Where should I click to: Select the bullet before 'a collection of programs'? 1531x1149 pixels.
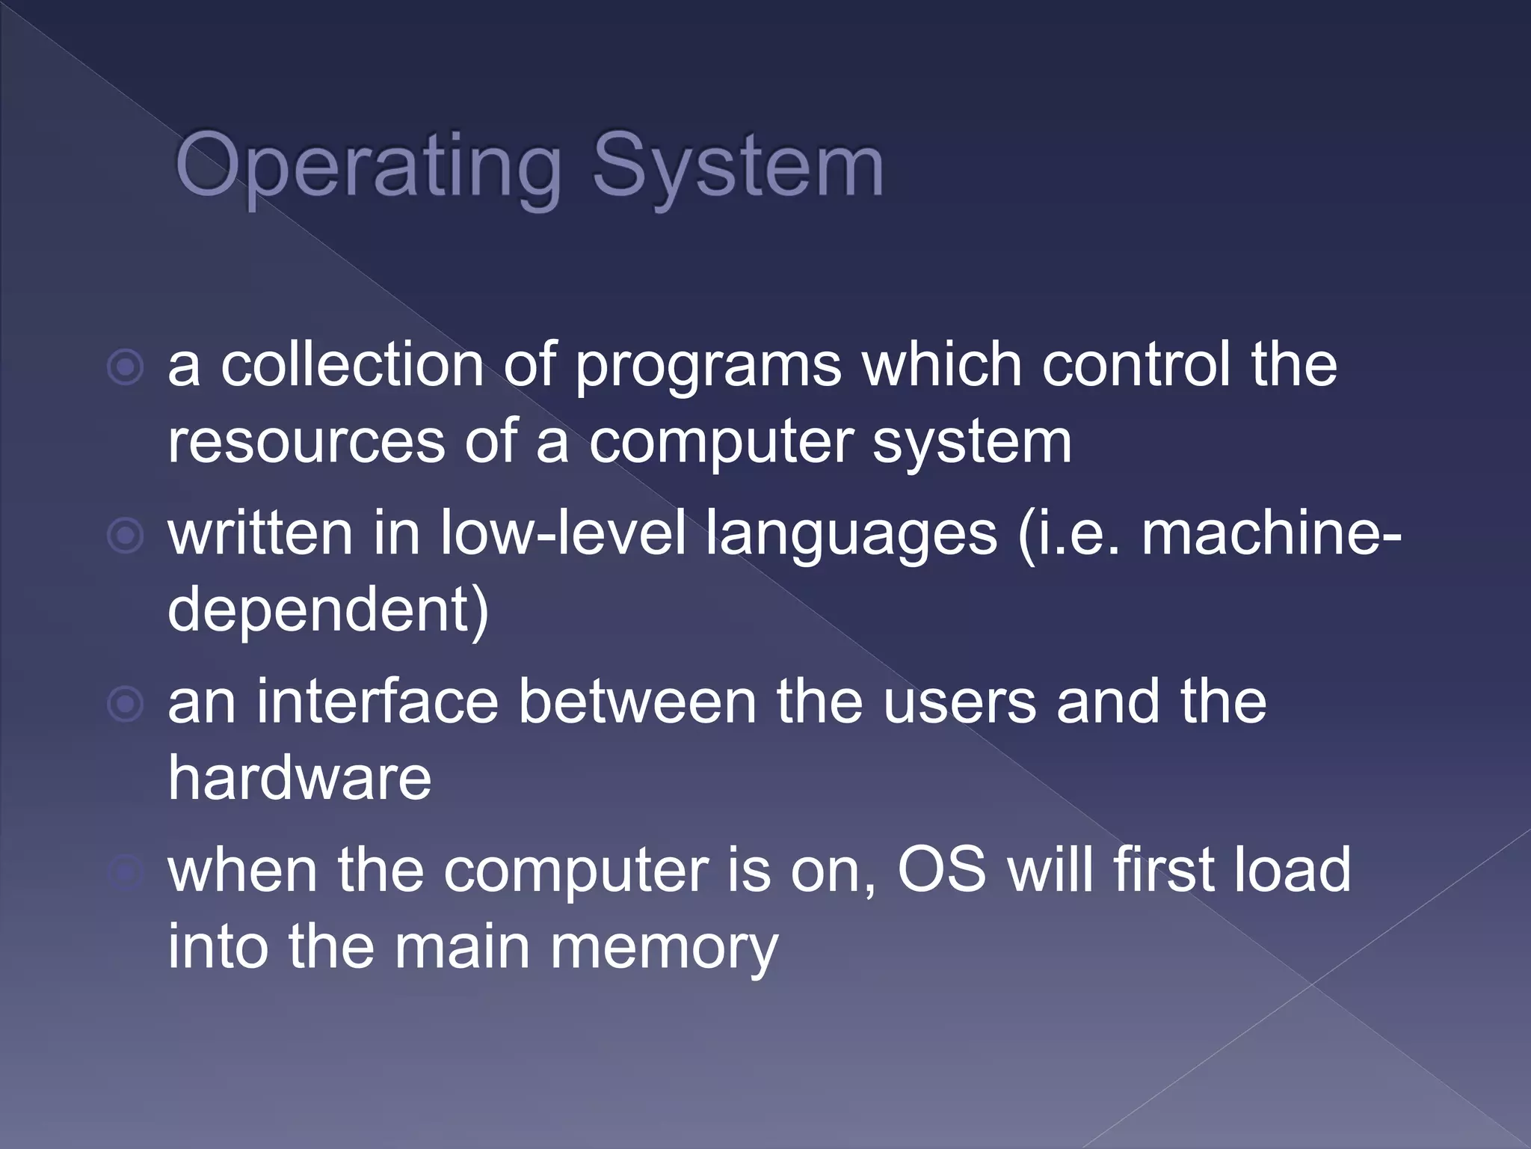[125, 367]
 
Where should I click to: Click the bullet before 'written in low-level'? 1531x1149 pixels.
[125, 536]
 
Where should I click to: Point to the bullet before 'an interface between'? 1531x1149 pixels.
[125, 704]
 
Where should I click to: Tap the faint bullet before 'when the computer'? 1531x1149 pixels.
[125, 872]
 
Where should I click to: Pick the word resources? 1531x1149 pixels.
[306, 443]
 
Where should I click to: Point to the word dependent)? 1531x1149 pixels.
[328, 610]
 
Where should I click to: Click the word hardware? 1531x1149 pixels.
[299, 778]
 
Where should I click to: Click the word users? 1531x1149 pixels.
[959, 703]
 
